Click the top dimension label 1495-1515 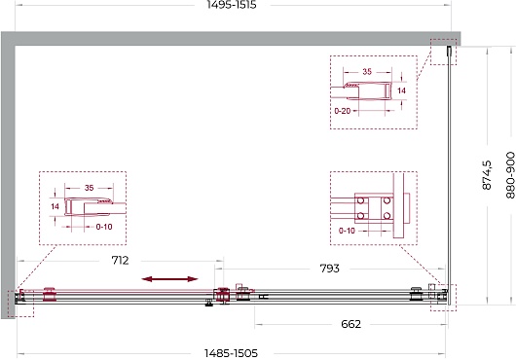click(232, 5)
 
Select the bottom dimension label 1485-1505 click(231, 353)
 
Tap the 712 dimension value click(120, 261)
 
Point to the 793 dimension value click(329, 269)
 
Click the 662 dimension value click(351, 324)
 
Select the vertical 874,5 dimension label click(487, 175)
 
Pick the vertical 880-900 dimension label click(510, 175)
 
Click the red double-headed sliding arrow click(169, 279)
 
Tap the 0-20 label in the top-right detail click(343, 111)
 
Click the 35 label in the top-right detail click(367, 71)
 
